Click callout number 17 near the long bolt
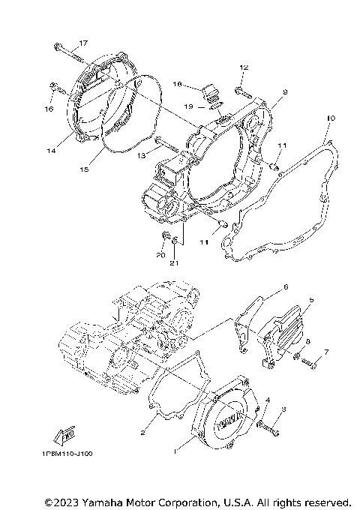click(x=82, y=43)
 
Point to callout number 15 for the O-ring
click(x=85, y=170)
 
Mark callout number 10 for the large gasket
click(x=330, y=118)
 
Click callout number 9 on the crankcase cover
click(x=285, y=91)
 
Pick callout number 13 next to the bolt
click(x=140, y=155)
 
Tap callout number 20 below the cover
click(x=160, y=255)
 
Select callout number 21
click(x=174, y=262)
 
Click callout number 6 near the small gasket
click(x=285, y=287)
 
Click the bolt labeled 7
click(x=313, y=363)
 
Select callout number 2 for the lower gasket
click(x=142, y=433)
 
